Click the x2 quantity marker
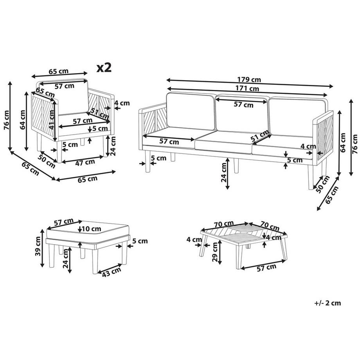[x=104, y=68]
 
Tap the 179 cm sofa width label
[x=249, y=80]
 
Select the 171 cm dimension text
[x=247, y=88]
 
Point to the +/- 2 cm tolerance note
[x=328, y=303]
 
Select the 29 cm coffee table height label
[x=215, y=252]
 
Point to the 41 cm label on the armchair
[x=52, y=120]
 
